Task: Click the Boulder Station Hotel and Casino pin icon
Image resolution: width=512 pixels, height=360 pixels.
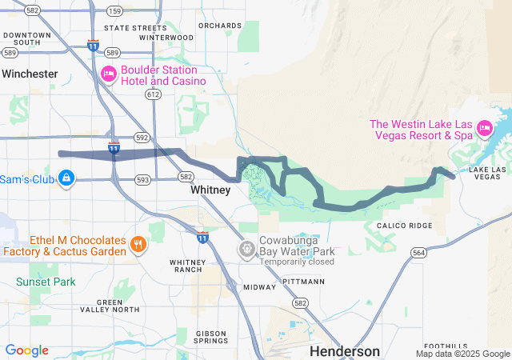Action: coord(109,74)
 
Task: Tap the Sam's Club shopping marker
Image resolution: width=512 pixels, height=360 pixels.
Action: coord(67,177)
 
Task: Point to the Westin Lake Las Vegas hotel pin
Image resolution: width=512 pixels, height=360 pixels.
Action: coord(483,127)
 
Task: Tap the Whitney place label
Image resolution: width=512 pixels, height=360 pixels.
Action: coord(210,190)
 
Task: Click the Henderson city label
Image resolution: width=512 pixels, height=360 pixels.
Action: coord(345,351)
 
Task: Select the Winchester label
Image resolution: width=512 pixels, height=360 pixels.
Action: coord(30,74)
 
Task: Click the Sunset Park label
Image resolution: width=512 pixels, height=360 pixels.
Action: coord(46,282)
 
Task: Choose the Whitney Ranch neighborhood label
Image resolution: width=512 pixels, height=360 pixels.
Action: coord(186,266)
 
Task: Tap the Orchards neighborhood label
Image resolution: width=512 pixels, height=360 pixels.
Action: coord(219,26)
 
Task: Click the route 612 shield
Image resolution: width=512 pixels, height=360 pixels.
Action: coord(154,94)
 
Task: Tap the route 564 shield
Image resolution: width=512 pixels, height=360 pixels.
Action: coord(418,253)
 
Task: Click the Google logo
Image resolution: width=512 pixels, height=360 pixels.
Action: coord(27,350)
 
